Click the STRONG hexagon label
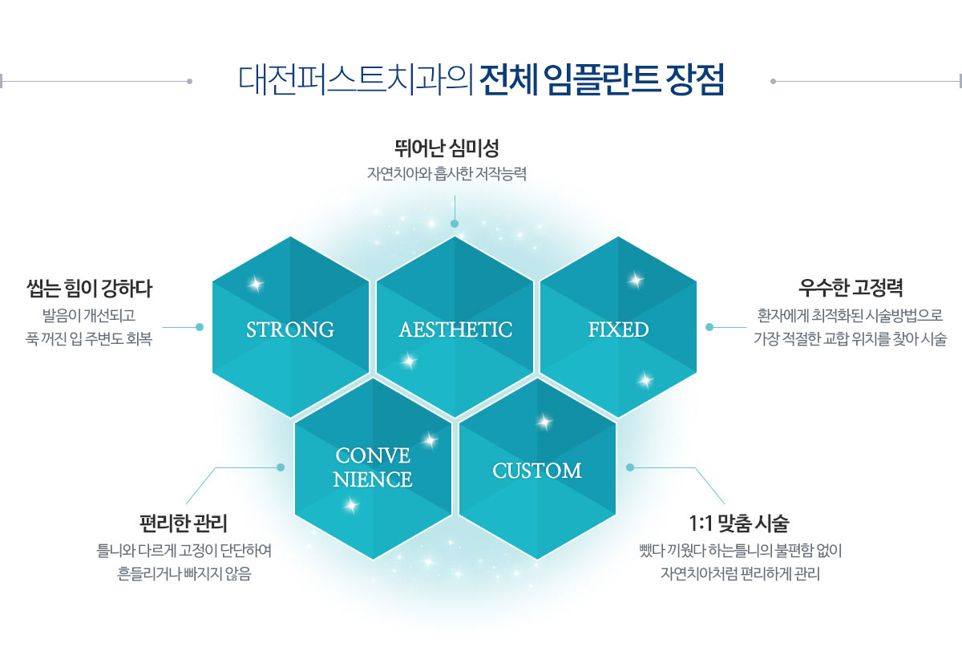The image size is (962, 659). coord(290,329)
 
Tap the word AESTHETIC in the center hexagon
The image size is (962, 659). coord(455,329)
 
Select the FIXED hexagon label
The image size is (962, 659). coord(618,329)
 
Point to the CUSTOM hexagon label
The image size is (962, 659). coord(537,471)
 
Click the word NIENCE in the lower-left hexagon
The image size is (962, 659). coord(373,479)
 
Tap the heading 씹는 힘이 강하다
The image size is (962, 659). coord(89,289)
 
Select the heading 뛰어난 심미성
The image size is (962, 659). coord(447,148)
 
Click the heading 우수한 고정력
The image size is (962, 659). coord(851,287)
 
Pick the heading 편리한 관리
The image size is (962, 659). coord(184,523)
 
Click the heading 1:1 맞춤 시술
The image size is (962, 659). coord(739,523)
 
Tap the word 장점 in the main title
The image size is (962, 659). coord(694,80)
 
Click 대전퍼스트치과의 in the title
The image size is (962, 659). coord(356,80)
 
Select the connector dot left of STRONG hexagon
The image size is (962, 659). coord(200,327)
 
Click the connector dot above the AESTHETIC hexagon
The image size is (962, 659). coord(455,224)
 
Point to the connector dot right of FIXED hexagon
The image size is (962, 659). coord(709,327)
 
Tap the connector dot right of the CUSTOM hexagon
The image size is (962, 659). coord(630,467)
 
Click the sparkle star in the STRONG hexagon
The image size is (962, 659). coord(256,284)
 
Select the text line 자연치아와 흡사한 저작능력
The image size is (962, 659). coord(447,174)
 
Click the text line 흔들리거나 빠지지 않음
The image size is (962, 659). coord(184,574)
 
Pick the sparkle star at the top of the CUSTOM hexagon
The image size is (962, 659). coord(544,422)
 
